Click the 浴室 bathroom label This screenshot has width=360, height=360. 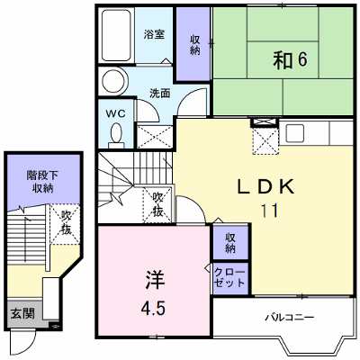click(154, 34)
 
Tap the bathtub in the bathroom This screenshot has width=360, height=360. click(116, 35)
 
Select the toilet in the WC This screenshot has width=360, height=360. click(116, 135)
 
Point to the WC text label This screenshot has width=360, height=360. click(115, 114)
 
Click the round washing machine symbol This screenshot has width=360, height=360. click(113, 81)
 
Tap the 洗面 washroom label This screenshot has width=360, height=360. click(160, 94)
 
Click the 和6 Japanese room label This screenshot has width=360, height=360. click(290, 59)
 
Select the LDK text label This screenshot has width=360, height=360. click(265, 186)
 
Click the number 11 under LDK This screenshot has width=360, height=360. click(270, 211)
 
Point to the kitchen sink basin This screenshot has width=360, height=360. click(294, 133)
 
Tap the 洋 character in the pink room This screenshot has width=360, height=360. click(155, 279)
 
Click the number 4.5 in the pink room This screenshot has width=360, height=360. click(153, 308)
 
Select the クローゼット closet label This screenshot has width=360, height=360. click(230, 277)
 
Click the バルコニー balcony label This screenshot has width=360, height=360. click(290, 317)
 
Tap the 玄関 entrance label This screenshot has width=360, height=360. click(22, 313)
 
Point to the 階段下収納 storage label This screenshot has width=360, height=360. click(42, 181)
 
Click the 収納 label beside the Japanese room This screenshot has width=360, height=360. click(194, 45)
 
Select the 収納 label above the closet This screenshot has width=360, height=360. click(230, 243)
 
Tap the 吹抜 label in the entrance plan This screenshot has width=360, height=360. click(67, 222)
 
